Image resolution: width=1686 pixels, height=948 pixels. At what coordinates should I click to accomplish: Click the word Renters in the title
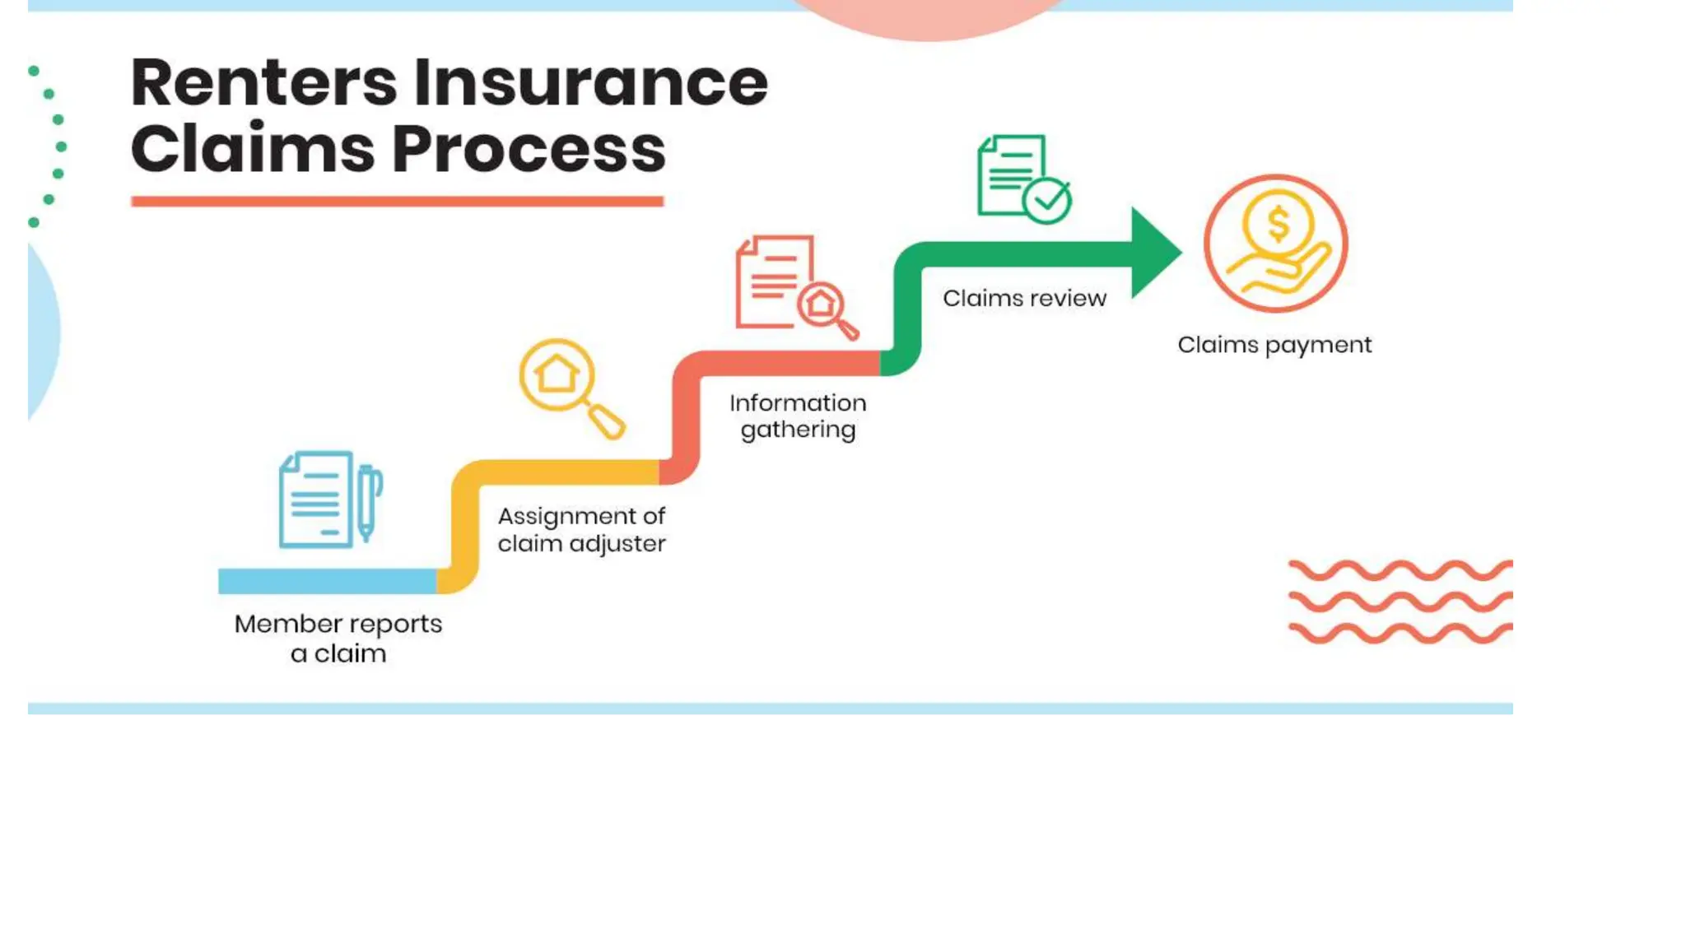[x=263, y=83]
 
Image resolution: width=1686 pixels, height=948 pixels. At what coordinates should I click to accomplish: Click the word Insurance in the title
[x=590, y=83]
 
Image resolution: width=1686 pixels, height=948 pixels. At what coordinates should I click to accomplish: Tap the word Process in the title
[x=529, y=150]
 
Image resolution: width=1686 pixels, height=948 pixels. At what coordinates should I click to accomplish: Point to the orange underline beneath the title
[x=397, y=202]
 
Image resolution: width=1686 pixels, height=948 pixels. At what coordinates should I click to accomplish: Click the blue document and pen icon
[x=330, y=500]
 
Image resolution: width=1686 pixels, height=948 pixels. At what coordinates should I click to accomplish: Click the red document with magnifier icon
[x=795, y=287]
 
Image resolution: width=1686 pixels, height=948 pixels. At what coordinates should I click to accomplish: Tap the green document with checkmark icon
[x=1023, y=179]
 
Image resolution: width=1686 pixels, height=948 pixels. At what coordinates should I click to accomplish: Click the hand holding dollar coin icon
[x=1275, y=244]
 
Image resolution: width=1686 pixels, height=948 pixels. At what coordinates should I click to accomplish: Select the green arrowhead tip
[x=1155, y=253]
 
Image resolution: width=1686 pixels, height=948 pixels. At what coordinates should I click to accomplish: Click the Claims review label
[x=1024, y=298]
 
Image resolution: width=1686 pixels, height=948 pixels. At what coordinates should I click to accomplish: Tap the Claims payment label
[x=1274, y=345]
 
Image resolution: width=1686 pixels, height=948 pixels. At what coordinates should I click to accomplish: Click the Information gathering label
[x=798, y=416]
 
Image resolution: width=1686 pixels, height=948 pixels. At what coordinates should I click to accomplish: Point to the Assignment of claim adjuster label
[x=581, y=530]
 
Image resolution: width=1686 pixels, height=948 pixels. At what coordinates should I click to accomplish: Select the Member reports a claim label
[x=338, y=639]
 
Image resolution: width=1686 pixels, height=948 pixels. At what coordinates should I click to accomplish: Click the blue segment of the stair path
[x=327, y=581]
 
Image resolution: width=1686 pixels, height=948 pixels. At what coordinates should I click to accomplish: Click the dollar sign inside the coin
[x=1278, y=224]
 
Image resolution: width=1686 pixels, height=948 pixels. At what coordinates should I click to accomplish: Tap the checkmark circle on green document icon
[x=1047, y=200]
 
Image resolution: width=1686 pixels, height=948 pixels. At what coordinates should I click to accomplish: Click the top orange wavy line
[x=1400, y=570]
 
